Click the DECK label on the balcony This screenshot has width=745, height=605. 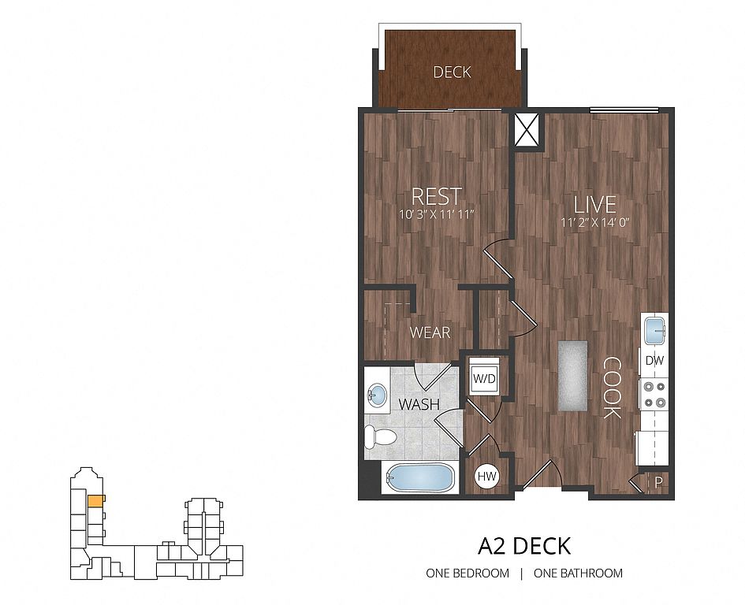click(x=452, y=72)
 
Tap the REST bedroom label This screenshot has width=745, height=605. click(x=436, y=196)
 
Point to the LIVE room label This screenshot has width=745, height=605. click(x=595, y=205)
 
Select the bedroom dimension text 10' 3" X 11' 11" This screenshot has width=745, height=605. click(x=437, y=214)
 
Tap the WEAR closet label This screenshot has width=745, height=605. click(x=430, y=332)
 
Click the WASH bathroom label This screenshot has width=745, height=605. click(x=419, y=404)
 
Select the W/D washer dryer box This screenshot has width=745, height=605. click(x=484, y=378)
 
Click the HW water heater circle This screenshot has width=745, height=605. click(x=487, y=477)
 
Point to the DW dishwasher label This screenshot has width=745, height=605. click(x=654, y=361)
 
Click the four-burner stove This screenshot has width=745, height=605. click(x=654, y=395)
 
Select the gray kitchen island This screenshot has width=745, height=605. click(x=572, y=376)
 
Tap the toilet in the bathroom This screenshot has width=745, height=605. click(x=380, y=436)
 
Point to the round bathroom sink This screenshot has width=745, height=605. click(x=378, y=394)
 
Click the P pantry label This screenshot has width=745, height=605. click(x=658, y=484)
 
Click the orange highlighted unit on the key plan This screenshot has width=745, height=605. click(x=95, y=500)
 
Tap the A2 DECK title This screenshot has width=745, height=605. click(x=524, y=546)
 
